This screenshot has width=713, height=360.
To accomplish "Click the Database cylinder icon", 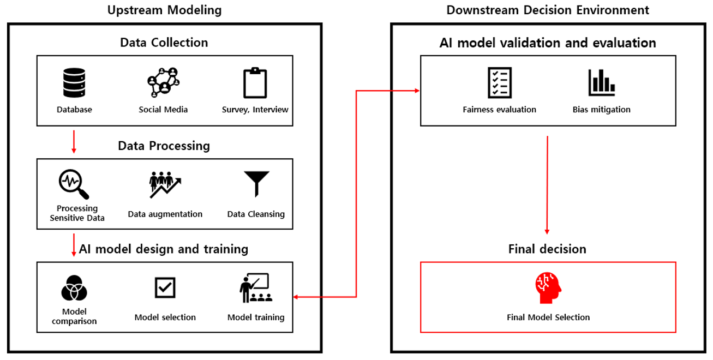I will (74, 82).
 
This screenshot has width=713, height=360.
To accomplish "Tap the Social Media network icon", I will (163, 82).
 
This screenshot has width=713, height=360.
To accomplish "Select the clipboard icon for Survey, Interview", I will (255, 82).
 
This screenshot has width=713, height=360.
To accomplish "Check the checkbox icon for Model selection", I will (165, 287).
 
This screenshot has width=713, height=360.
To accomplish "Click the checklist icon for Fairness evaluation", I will (499, 82).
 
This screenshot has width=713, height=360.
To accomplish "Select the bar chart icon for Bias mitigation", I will (602, 82).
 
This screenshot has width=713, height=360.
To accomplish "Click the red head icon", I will (548, 288).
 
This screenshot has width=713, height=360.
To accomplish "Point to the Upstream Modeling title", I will (164, 10).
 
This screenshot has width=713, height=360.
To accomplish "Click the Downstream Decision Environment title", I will (548, 10).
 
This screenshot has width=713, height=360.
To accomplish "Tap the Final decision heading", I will (547, 249).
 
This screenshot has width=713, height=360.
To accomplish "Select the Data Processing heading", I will (164, 146).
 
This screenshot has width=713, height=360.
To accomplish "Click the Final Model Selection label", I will (548, 317).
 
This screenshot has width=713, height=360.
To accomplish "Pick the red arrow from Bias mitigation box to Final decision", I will (547, 185).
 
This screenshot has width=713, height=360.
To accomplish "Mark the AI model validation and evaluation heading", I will (548, 43).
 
